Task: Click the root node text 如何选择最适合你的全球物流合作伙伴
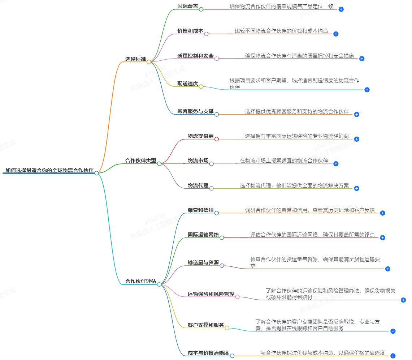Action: pyautogui.click(x=49, y=170)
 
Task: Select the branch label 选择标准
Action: pyautogui.click(x=135, y=59)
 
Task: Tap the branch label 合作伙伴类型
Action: pyautogui.click(x=141, y=160)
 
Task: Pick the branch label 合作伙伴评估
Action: pyautogui.click(x=141, y=281)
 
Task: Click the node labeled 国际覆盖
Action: pyautogui.click(x=187, y=6)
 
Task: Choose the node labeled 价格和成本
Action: pyautogui.click(x=190, y=31)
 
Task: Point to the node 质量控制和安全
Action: pyautogui.click(x=195, y=56)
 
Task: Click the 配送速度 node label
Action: pyautogui.click(x=187, y=83)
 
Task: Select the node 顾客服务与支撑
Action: pyautogui.click(x=195, y=111)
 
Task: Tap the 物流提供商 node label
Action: pyautogui.click(x=200, y=136)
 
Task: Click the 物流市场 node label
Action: pyautogui.click(x=198, y=160)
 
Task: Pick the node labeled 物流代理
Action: pyautogui.click(x=198, y=185)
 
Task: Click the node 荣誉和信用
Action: pyautogui.click(x=200, y=210)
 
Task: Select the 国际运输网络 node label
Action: pyautogui.click(x=203, y=235)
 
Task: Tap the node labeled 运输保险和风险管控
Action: pyautogui.click(x=211, y=294)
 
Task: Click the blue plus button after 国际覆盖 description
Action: pyautogui.click(x=341, y=9)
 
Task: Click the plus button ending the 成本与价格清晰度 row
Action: pyautogui.click(x=393, y=356)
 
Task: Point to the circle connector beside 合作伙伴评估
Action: pyautogui.click(x=159, y=284)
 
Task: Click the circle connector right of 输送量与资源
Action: pyautogui.click(x=222, y=266)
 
